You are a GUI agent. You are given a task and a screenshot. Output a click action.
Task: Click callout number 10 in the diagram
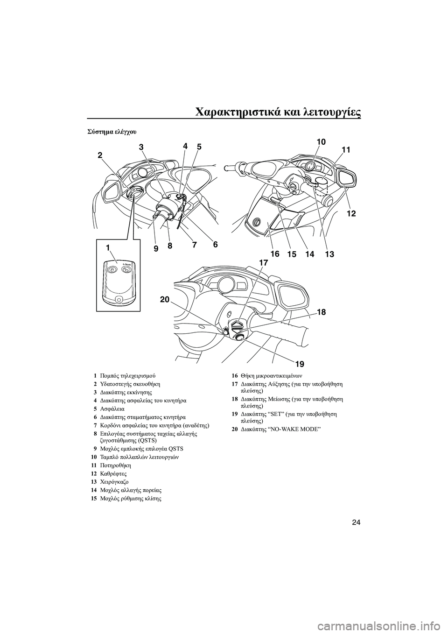[x=319, y=141]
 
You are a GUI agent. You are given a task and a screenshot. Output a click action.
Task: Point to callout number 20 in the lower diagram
[x=165, y=300]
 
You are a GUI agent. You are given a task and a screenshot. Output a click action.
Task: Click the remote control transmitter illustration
[x=119, y=282]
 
